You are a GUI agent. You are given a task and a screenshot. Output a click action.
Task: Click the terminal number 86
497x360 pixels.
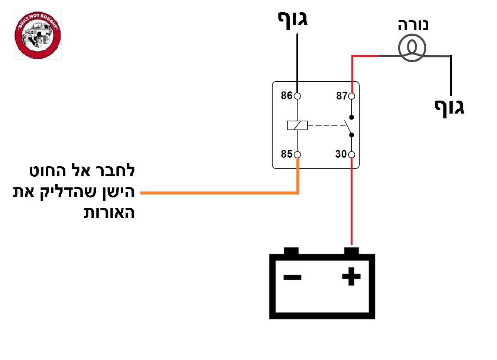(x=286, y=95)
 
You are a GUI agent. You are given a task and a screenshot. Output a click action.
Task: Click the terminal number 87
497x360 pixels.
(x=342, y=96)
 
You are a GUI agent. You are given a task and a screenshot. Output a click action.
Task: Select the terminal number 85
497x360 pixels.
(x=286, y=154)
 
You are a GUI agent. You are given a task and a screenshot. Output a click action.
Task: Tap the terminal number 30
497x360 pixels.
(x=341, y=154)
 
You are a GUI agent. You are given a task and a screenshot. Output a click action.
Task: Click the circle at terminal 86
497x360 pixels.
(x=297, y=96)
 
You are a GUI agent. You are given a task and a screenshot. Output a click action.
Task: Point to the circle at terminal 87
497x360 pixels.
(x=351, y=96)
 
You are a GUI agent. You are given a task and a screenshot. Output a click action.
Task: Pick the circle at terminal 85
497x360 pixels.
(x=297, y=155)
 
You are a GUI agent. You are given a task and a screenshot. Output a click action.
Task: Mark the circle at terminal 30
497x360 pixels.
(x=351, y=155)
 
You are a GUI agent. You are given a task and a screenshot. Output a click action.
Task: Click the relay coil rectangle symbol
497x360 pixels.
(x=297, y=125)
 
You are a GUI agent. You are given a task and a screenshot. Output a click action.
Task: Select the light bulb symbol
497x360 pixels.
(x=412, y=48)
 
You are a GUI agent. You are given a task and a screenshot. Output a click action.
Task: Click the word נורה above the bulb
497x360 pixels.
(x=413, y=25)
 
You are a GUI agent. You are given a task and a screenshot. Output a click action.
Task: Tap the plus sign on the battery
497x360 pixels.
(x=351, y=276)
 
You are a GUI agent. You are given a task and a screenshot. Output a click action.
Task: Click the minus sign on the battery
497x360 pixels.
(x=292, y=277)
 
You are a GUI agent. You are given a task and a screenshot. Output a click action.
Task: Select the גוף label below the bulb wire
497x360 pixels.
(x=449, y=108)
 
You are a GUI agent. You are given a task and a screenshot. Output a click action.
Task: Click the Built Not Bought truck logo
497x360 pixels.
(x=38, y=35)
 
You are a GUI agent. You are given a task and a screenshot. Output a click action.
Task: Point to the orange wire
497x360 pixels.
(x=219, y=193)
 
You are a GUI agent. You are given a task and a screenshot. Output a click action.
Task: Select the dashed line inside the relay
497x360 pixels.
(x=327, y=125)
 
